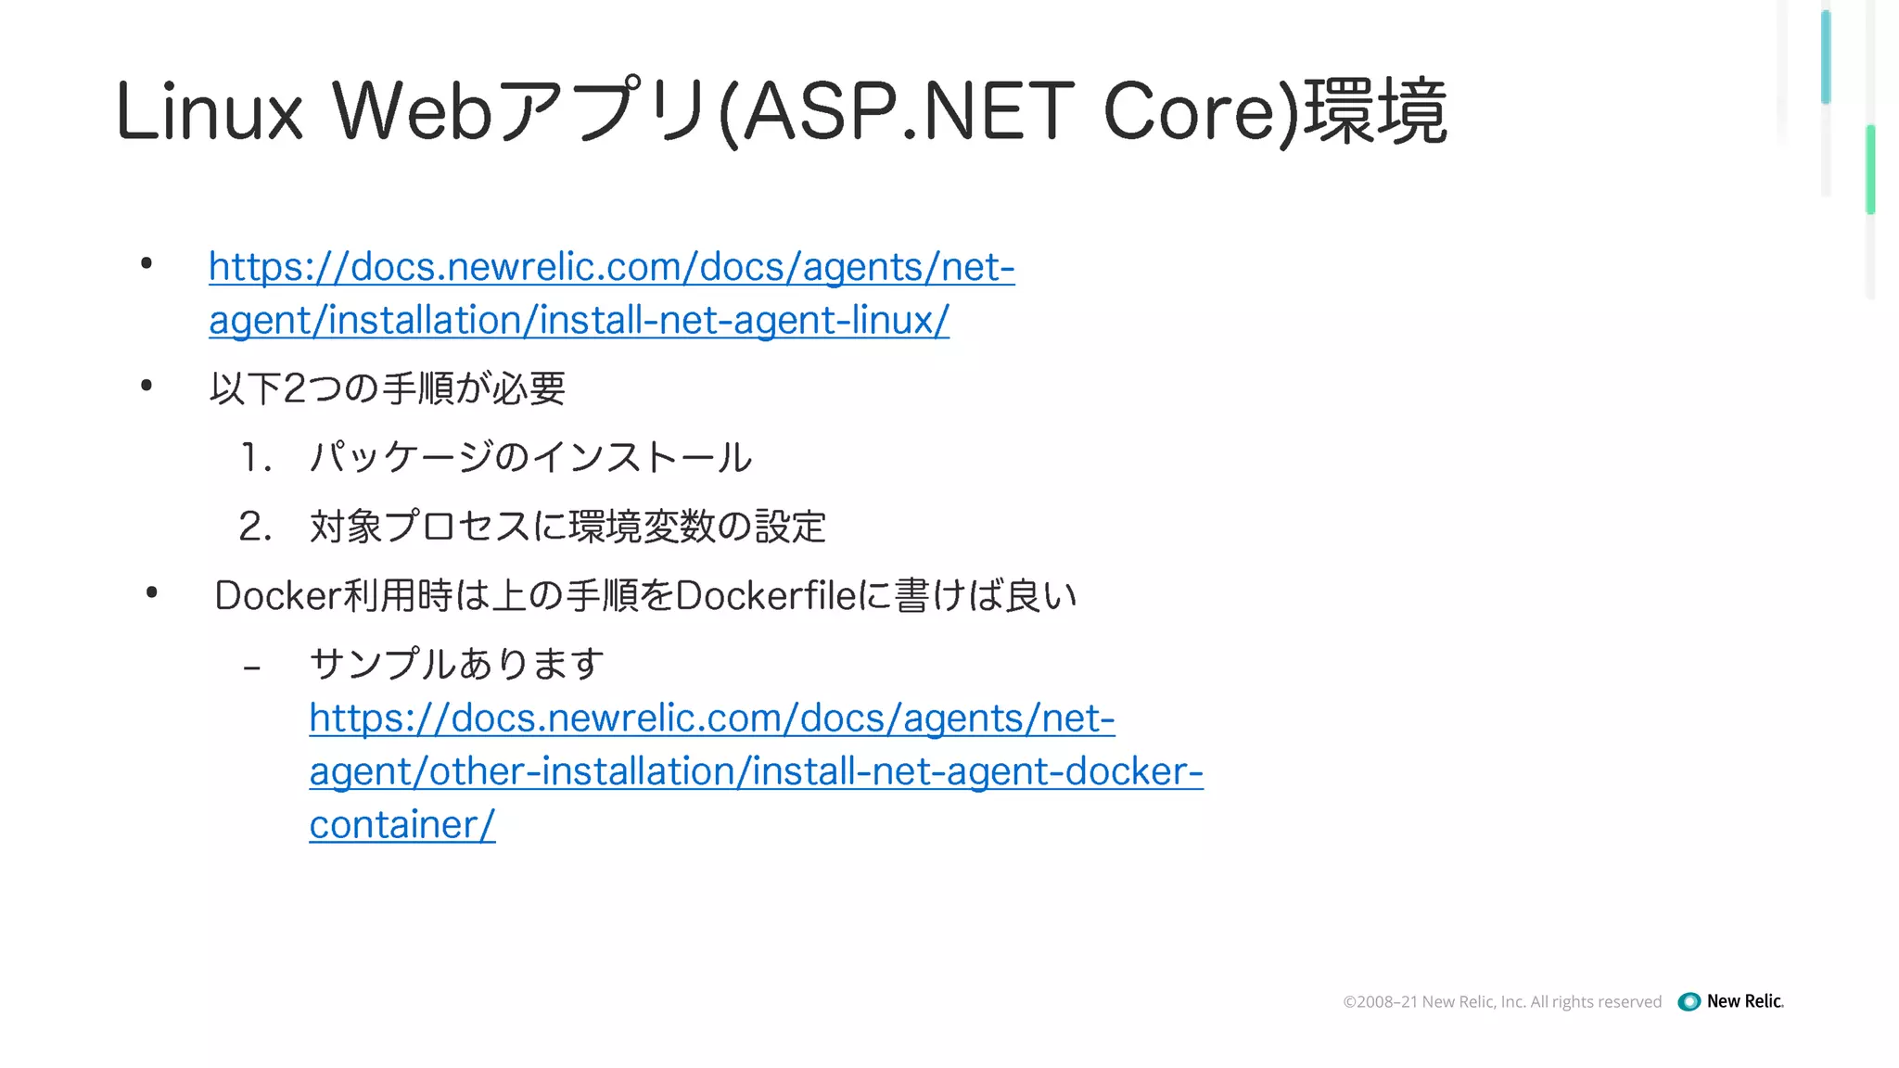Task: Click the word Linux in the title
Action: pyautogui.click(x=210, y=112)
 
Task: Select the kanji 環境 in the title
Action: pyautogui.click(x=1376, y=112)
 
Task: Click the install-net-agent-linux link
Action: pyautogui.click(x=612, y=293)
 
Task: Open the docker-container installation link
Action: pyautogui.click(x=756, y=771)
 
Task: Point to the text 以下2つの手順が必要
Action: pyautogui.click(x=388, y=388)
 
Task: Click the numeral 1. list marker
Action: pyautogui.click(x=256, y=458)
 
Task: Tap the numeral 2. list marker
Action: pyautogui.click(x=256, y=527)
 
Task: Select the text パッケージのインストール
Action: pyautogui.click(x=530, y=458)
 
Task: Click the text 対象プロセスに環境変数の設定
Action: pyautogui.click(x=567, y=527)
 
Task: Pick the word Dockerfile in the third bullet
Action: pyautogui.click(x=765, y=595)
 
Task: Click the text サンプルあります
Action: pyautogui.click(x=456, y=664)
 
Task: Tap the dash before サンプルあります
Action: pyautogui.click(x=251, y=667)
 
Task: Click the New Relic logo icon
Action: pyautogui.click(x=1689, y=1001)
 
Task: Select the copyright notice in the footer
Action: pyautogui.click(x=1502, y=1001)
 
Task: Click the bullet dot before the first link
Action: pyautogui.click(x=147, y=264)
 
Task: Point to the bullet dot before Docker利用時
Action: pyautogui.click(x=152, y=592)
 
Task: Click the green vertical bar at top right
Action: pyautogui.click(x=1870, y=170)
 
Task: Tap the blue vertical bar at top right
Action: pyautogui.click(x=1826, y=56)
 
